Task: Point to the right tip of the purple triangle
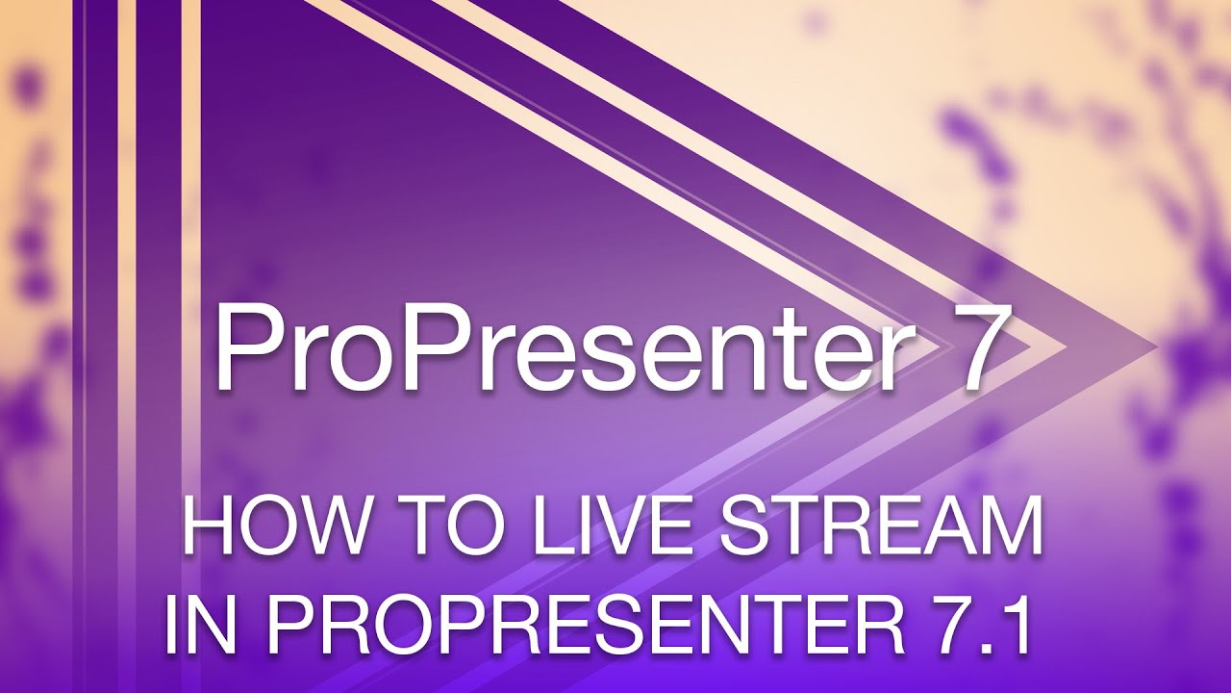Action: pos(1155,345)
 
